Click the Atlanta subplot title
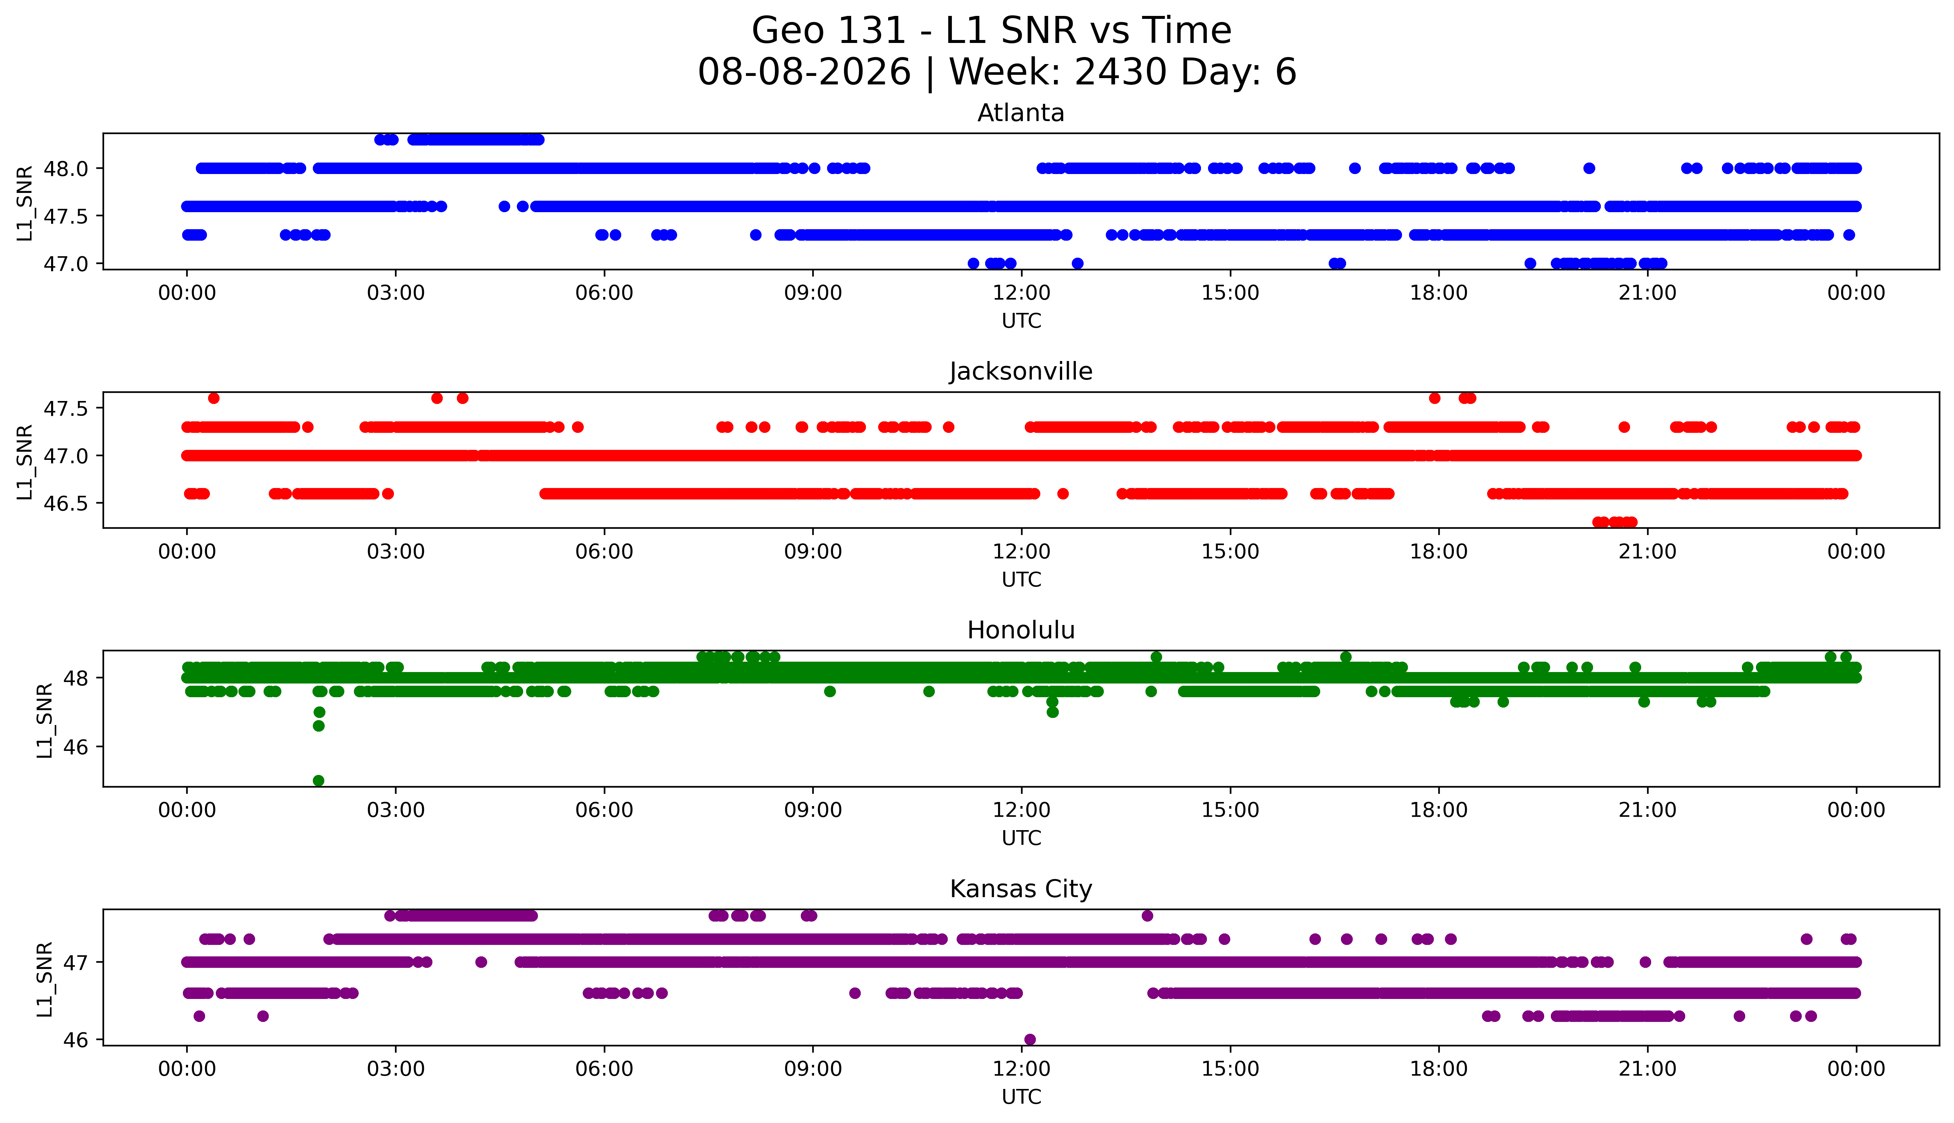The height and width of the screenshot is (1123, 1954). click(x=1021, y=113)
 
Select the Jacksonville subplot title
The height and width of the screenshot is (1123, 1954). click(x=1021, y=372)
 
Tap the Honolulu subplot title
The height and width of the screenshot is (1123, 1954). click(x=1021, y=630)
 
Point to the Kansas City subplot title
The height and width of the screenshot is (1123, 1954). click(x=1021, y=889)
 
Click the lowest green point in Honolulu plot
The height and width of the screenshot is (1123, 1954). click(x=318, y=781)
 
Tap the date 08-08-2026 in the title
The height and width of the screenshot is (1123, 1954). click(x=804, y=73)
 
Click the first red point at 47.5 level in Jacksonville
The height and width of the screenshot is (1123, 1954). click(x=214, y=398)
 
